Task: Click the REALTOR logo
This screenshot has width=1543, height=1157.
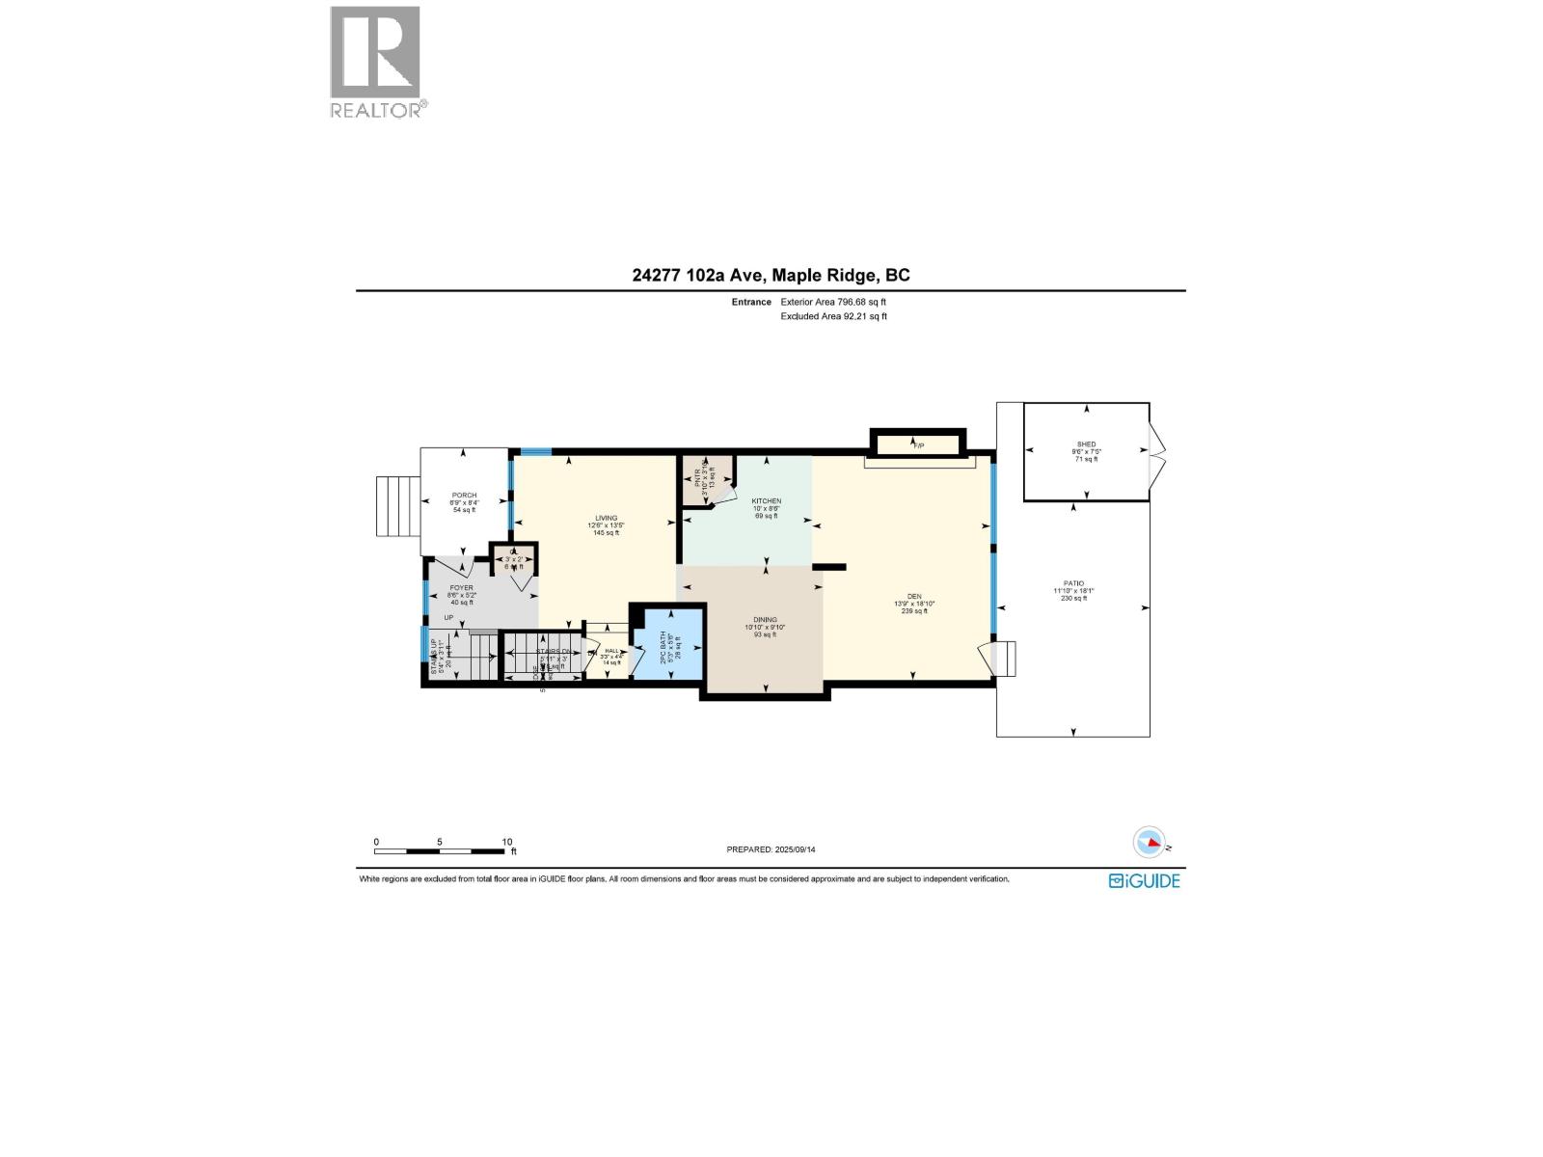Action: (x=377, y=63)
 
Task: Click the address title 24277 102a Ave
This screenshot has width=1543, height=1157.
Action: (x=771, y=275)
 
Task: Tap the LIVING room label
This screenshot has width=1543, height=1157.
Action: (x=606, y=519)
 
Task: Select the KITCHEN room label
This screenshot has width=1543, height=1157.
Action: (x=767, y=501)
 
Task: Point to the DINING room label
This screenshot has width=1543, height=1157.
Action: (x=765, y=620)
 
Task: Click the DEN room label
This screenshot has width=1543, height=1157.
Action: (x=914, y=596)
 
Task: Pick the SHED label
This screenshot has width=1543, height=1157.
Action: (x=1086, y=445)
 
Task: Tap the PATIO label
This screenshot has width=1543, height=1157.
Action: (x=1073, y=584)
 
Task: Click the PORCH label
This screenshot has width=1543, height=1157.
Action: (x=465, y=496)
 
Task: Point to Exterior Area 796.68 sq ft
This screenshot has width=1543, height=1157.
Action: (x=833, y=302)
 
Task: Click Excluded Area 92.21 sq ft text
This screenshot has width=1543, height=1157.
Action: (x=833, y=316)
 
